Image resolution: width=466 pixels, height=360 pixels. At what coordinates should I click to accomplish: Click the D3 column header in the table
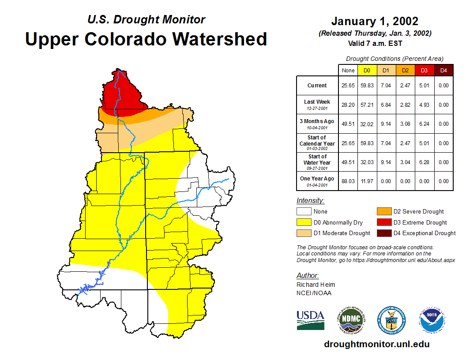pyautogui.click(x=424, y=70)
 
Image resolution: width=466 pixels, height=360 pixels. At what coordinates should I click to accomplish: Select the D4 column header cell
pyautogui.click(x=443, y=70)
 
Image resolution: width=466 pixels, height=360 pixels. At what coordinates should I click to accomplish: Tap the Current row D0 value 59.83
pyautogui.click(x=367, y=86)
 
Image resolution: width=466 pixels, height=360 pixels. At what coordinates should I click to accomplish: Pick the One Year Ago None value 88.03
pyautogui.click(x=348, y=181)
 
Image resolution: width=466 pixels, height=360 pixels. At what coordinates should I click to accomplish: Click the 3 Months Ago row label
pyautogui.click(x=317, y=124)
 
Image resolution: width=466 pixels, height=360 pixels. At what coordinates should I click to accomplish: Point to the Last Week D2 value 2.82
pyautogui.click(x=405, y=105)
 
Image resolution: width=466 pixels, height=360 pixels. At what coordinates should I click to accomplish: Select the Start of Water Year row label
pyautogui.click(x=317, y=162)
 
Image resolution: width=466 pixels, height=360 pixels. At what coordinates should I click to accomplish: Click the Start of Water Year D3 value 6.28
pyautogui.click(x=424, y=162)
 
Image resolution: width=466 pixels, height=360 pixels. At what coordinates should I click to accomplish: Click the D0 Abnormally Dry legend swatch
pyautogui.click(x=304, y=222)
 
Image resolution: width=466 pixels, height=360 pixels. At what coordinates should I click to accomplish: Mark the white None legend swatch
pyautogui.click(x=304, y=212)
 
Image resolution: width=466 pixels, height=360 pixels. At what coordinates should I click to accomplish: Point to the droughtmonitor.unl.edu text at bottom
pyautogui.click(x=376, y=344)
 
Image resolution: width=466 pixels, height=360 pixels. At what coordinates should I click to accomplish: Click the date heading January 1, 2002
pyautogui.click(x=375, y=21)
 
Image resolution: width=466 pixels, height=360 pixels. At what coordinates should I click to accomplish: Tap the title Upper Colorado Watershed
pyautogui.click(x=146, y=39)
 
